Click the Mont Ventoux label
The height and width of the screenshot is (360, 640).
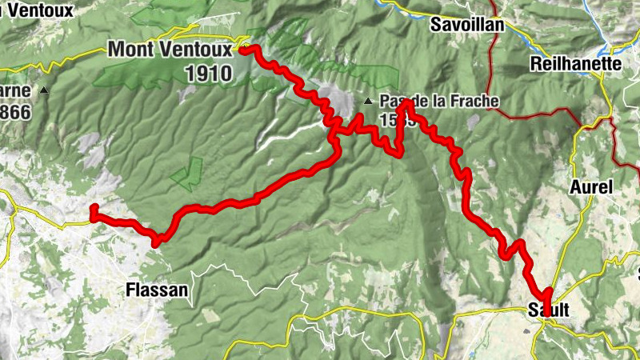point(170,50)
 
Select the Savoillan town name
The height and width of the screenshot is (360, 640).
point(467,24)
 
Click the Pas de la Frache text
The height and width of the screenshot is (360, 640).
point(439,102)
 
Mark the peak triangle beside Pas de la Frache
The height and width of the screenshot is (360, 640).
point(368,102)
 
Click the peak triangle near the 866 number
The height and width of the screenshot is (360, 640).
point(44,91)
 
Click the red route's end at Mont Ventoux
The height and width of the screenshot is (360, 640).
point(242,49)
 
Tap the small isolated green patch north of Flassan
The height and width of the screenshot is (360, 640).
point(189,172)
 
